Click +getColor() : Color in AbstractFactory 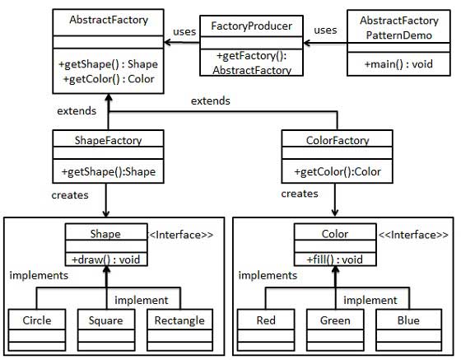[x=108, y=79]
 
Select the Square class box [x=105, y=320]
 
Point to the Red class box [x=265, y=320]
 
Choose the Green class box [x=333, y=320]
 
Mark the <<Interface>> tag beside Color [x=412, y=235]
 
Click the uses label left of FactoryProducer [x=184, y=32]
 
